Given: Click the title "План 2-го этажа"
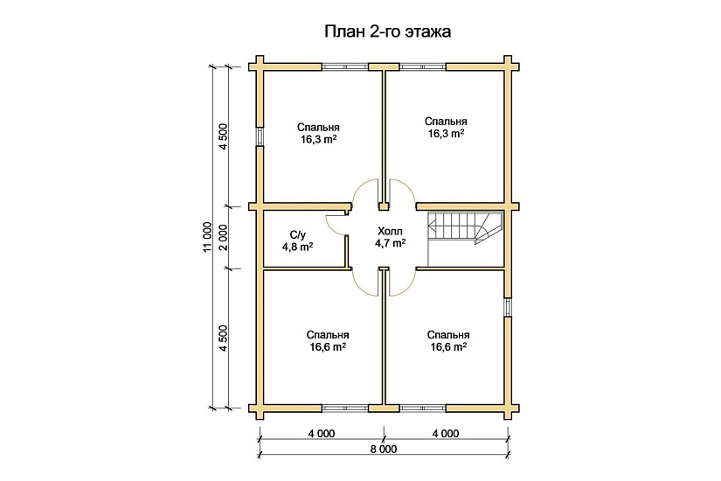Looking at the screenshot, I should (x=388, y=32).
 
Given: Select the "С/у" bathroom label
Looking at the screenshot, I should (x=297, y=234).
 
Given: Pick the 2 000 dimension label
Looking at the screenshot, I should (x=224, y=237).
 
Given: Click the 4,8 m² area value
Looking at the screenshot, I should (x=297, y=247).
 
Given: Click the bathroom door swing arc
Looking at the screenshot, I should (x=335, y=222).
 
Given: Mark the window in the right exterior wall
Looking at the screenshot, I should (x=507, y=307).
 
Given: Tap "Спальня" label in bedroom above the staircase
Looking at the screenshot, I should (x=446, y=122).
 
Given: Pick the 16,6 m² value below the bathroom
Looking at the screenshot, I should (x=329, y=347).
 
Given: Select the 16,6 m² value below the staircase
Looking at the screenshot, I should (x=448, y=347).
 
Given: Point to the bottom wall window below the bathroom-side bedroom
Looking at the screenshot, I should (x=346, y=408).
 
